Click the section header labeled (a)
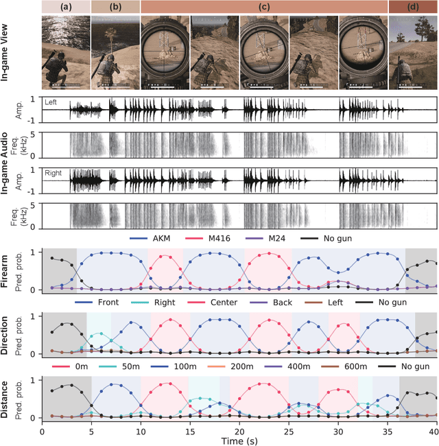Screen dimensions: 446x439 click(65, 7)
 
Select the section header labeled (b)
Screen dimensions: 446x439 click(115, 7)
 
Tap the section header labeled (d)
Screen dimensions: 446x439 click(412, 7)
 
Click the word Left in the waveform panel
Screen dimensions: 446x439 click(51, 102)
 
